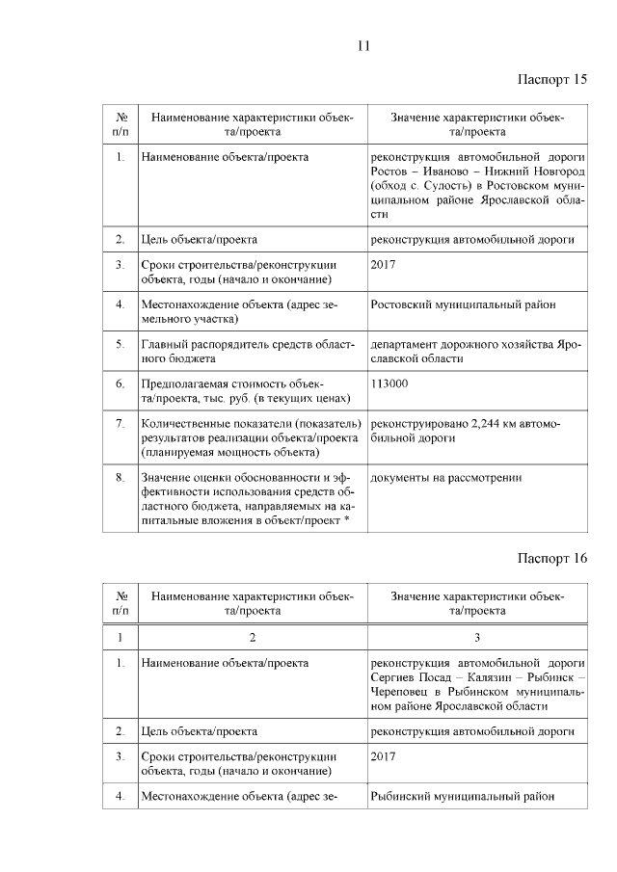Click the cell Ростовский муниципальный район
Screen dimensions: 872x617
coord(463,305)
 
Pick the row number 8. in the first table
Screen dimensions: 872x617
coord(120,476)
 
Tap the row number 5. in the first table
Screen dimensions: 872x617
coord(120,343)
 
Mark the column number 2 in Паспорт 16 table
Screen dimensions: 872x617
coord(253,637)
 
